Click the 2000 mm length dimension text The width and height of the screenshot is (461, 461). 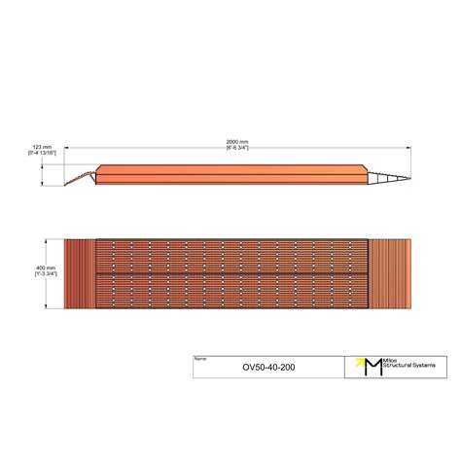(237, 141)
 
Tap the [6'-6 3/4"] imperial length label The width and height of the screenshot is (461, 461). (237, 148)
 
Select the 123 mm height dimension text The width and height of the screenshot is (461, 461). (40, 147)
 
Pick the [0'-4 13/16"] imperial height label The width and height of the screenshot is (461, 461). (40, 154)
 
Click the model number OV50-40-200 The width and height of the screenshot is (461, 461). (267, 369)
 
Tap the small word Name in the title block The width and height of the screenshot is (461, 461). (200, 359)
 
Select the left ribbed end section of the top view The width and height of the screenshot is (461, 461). (80, 273)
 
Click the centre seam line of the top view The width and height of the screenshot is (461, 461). (233, 273)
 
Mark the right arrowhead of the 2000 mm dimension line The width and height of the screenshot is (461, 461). (408, 147)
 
